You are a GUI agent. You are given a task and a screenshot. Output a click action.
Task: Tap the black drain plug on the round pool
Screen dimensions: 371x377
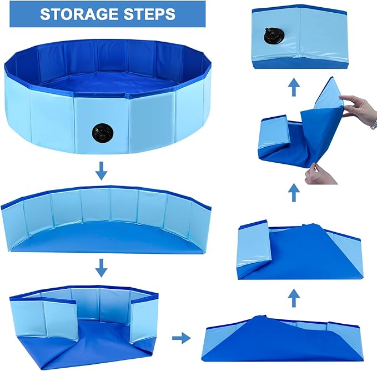(101, 133)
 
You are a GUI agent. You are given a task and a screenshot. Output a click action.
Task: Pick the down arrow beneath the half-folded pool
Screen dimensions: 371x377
(101, 269)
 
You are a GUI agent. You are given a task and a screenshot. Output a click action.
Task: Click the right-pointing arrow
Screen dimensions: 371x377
(180, 337)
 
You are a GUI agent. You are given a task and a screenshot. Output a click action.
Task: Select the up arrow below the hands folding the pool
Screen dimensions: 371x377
(293, 193)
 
